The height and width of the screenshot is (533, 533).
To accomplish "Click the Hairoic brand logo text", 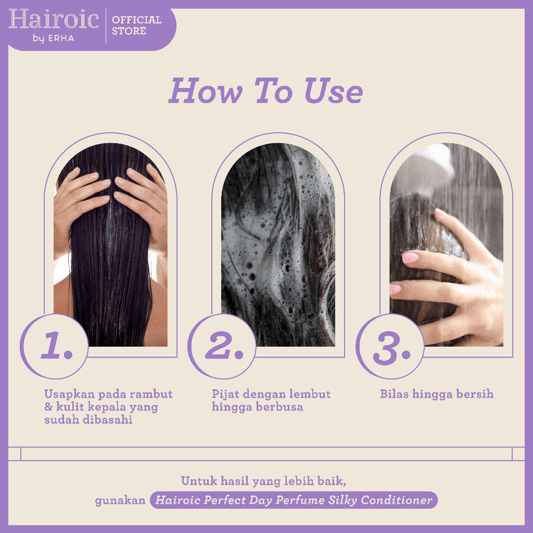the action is pos(54,19).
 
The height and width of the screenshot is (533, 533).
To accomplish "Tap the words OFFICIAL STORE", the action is pos(137,25).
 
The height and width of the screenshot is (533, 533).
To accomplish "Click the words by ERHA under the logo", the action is pos(54,38).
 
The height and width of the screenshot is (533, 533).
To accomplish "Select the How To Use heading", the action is pos(266,91).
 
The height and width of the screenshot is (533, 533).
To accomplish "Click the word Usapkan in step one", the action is pos(69,395).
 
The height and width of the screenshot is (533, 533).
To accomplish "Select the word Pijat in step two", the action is pos(224,395).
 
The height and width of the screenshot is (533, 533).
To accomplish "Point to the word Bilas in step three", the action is pos(394,394).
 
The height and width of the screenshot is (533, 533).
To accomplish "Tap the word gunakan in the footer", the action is pos(120,501).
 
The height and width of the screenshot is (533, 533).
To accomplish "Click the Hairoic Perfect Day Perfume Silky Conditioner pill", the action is pos(294,500).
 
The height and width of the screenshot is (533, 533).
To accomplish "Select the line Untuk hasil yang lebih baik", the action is pos(263,481).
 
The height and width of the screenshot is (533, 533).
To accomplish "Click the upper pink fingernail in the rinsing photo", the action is pos(441,213).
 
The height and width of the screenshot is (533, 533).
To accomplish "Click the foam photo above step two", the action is pos(278,245).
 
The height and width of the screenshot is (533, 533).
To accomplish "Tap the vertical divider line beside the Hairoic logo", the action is pos(106,26).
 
